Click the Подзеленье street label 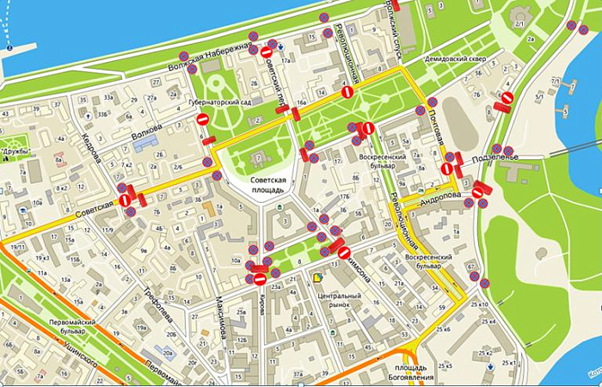coord(518,156)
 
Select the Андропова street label coord(440,197)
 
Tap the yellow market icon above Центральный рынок coord(319,277)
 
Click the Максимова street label coord(223,317)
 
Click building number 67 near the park coord(473,267)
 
